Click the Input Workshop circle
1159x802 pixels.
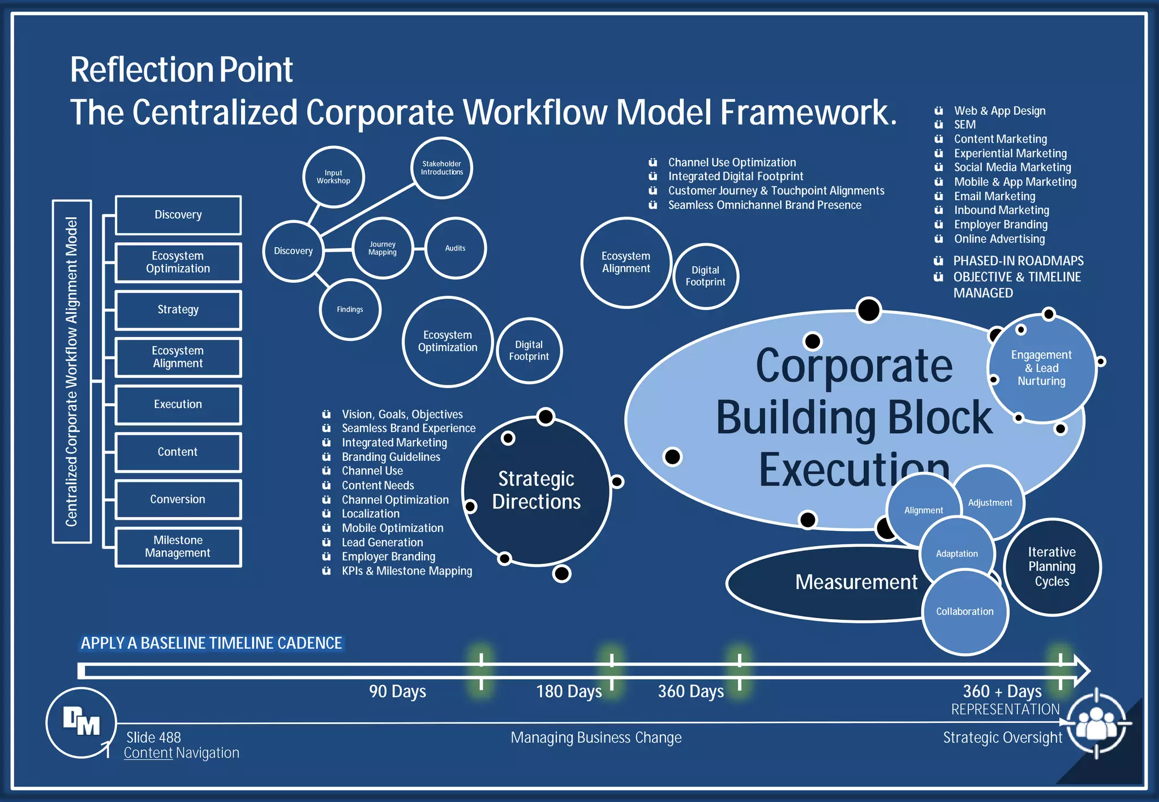tap(333, 177)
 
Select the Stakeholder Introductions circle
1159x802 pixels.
tap(441, 168)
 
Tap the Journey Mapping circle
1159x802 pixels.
tap(383, 248)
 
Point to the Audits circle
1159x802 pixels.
tap(455, 248)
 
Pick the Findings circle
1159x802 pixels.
tap(350, 309)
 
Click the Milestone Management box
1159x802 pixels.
tap(178, 546)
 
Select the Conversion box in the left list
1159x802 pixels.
tap(178, 499)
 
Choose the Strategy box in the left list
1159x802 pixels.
tap(178, 309)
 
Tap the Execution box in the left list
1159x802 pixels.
tap(178, 404)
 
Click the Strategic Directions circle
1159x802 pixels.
tap(536, 490)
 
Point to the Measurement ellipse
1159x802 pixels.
tap(838, 583)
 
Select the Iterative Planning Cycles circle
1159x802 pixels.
tap(1051, 567)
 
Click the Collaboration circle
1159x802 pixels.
tap(964, 612)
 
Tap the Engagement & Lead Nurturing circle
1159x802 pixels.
tap(1041, 368)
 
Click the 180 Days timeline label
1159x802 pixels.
tap(569, 691)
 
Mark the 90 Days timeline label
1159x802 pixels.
tap(397, 691)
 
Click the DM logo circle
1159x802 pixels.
tap(81, 722)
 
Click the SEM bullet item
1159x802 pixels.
tap(964, 124)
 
